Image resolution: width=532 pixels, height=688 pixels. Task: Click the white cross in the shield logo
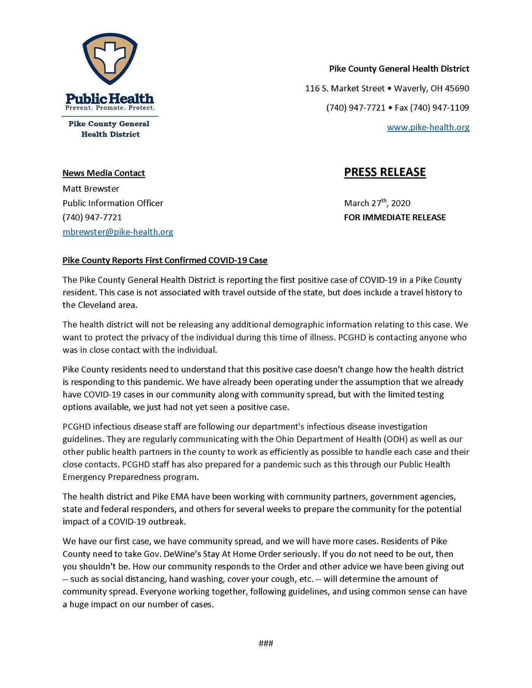(x=110, y=57)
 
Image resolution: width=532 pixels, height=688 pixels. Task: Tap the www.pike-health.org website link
(x=428, y=127)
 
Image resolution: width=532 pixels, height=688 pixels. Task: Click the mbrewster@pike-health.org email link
(x=118, y=232)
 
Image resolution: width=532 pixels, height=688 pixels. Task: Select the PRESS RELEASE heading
(x=385, y=172)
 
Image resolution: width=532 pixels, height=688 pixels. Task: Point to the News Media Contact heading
(x=104, y=173)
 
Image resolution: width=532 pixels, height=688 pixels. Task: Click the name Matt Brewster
(x=91, y=189)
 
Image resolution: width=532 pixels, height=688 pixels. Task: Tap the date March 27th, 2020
(x=377, y=203)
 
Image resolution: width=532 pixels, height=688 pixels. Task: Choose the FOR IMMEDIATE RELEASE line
(x=395, y=218)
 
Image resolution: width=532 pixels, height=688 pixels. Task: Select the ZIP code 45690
(x=457, y=89)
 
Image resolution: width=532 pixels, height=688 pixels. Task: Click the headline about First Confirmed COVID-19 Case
(x=165, y=260)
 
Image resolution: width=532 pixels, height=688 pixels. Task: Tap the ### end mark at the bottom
(x=266, y=643)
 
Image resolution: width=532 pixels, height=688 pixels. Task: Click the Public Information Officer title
(x=113, y=203)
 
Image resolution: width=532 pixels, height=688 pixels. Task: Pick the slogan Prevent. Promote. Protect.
(x=110, y=108)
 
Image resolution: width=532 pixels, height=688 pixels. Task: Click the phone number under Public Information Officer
(x=92, y=218)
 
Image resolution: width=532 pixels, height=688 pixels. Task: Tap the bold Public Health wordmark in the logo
(x=110, y=99)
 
